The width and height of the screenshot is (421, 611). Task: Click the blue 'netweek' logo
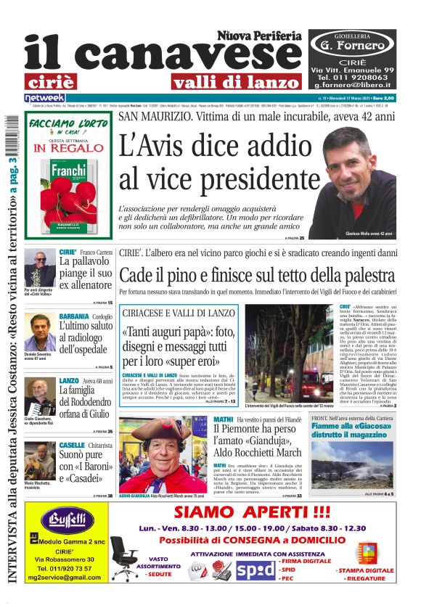click(44, 98)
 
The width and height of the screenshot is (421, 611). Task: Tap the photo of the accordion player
click(39, 395)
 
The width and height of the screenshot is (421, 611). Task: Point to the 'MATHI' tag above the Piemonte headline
click(224, 419)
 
